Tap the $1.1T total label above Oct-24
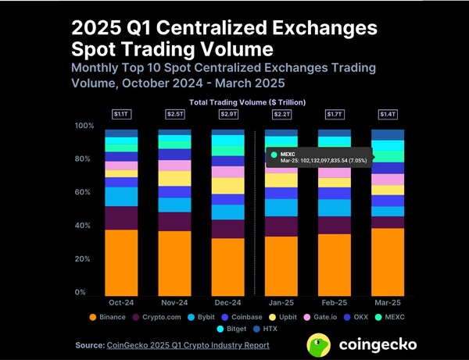tap(121, 115)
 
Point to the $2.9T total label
tap(227, 115)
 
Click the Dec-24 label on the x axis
tap(227, 301)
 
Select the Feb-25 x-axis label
tap(334, 301)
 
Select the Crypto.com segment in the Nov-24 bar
tap(174, 221)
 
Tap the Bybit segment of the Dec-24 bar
tap(227, 212)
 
